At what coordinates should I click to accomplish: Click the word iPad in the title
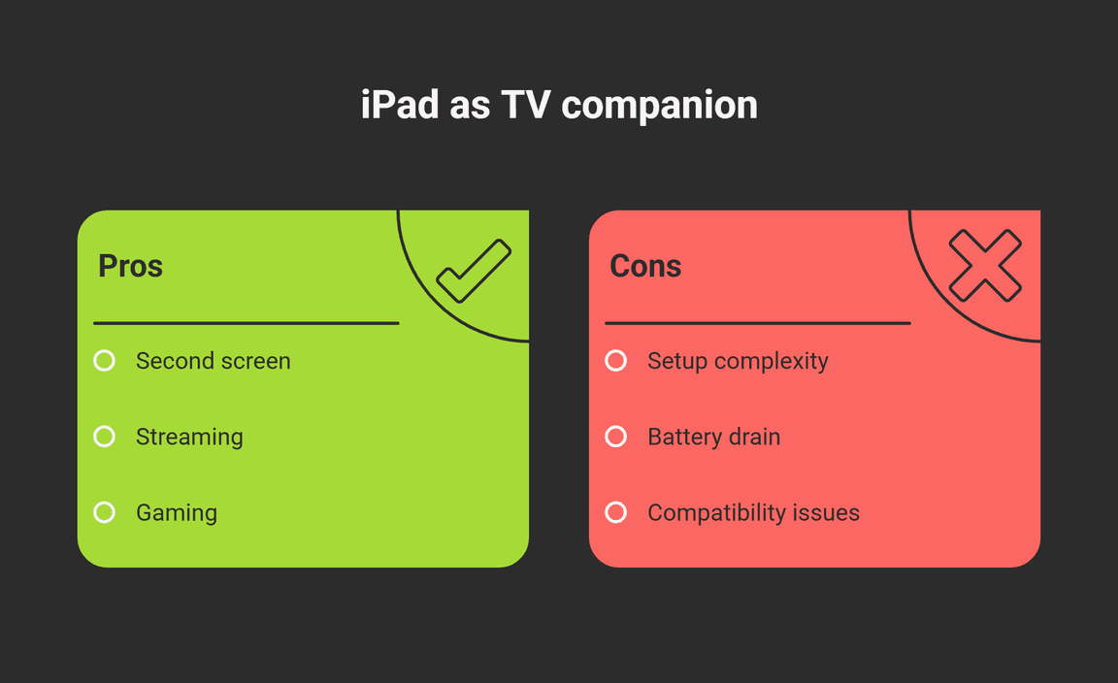(399, 105)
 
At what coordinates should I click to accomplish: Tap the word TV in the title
(526, 105)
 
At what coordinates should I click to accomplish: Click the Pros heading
(130, 266)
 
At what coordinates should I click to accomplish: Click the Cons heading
(645, 266)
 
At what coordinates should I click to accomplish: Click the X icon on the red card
(985, 265)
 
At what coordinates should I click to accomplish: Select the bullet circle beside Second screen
(104, 361)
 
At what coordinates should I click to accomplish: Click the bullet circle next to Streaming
(104, 437)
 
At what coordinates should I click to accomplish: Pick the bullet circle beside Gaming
(104, 512)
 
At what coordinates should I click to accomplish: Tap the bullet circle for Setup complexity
(616, 361)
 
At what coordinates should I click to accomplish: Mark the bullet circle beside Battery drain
(616, 437)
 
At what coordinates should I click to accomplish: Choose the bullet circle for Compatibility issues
(616, 512)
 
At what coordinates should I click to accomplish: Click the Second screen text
(214, 361)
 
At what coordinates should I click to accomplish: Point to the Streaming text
(189, 437)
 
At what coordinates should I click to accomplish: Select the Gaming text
(177, 513)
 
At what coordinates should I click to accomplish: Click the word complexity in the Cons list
(772, 362)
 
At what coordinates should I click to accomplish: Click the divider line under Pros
(246, 323)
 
